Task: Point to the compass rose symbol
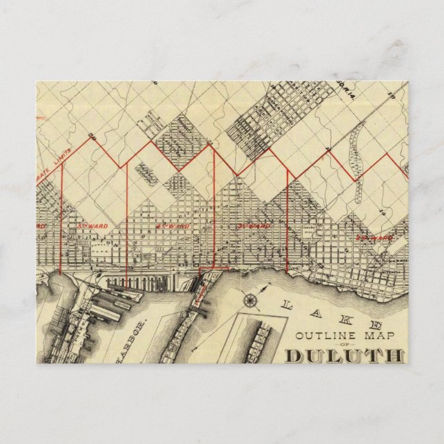pos(250,301)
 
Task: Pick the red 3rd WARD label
pos(252,225)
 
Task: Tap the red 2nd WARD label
pos(373,238)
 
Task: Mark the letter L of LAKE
pos(288,299)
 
